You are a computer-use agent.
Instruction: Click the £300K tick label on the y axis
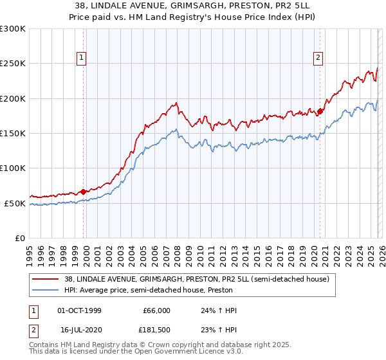pos(13,29)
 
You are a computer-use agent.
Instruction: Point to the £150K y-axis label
pos(13,134)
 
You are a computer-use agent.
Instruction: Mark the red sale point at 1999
pos(83,192)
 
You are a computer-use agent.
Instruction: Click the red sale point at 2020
pos(320,111)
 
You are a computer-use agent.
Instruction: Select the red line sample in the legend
pos(45,280)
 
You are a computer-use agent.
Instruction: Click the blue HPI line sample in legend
pos(45,290)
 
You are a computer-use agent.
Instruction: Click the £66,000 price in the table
pos(156,311)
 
